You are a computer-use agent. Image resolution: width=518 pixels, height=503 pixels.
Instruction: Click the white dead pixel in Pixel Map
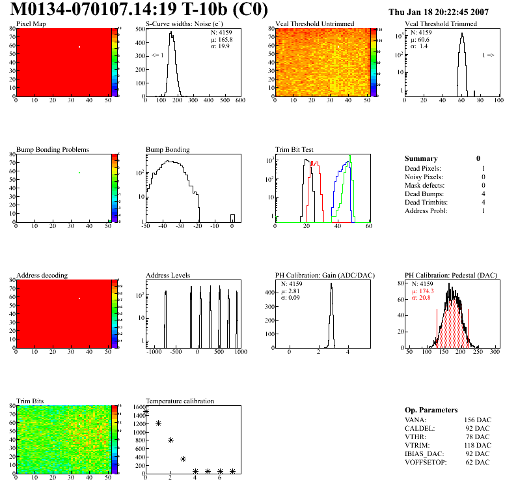[x=79, y=47]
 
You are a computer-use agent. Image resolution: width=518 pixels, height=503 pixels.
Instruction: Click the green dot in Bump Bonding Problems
[x=79, y=173]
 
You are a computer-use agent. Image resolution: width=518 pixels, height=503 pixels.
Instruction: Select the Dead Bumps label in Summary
[x=423, y=194]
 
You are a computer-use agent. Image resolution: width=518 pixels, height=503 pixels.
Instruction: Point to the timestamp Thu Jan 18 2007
[x=438, y=12]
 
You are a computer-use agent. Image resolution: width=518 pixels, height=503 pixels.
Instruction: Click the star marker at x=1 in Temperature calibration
[x=158, y=424]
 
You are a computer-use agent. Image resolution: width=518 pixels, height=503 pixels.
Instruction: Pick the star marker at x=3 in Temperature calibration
[x=184, y=459]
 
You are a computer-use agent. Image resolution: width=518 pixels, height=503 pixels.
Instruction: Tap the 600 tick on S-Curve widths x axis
[x=239, y=101]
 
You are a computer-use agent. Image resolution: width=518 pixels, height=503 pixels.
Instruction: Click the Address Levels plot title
[x=169, y=276]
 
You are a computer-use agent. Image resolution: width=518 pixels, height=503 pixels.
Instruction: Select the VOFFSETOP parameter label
[x=426, y=462]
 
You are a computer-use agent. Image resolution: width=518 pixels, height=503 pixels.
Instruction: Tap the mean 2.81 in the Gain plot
[x=290, y=291]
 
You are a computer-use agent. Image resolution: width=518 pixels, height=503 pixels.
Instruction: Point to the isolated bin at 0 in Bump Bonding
[x=232, y=218]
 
